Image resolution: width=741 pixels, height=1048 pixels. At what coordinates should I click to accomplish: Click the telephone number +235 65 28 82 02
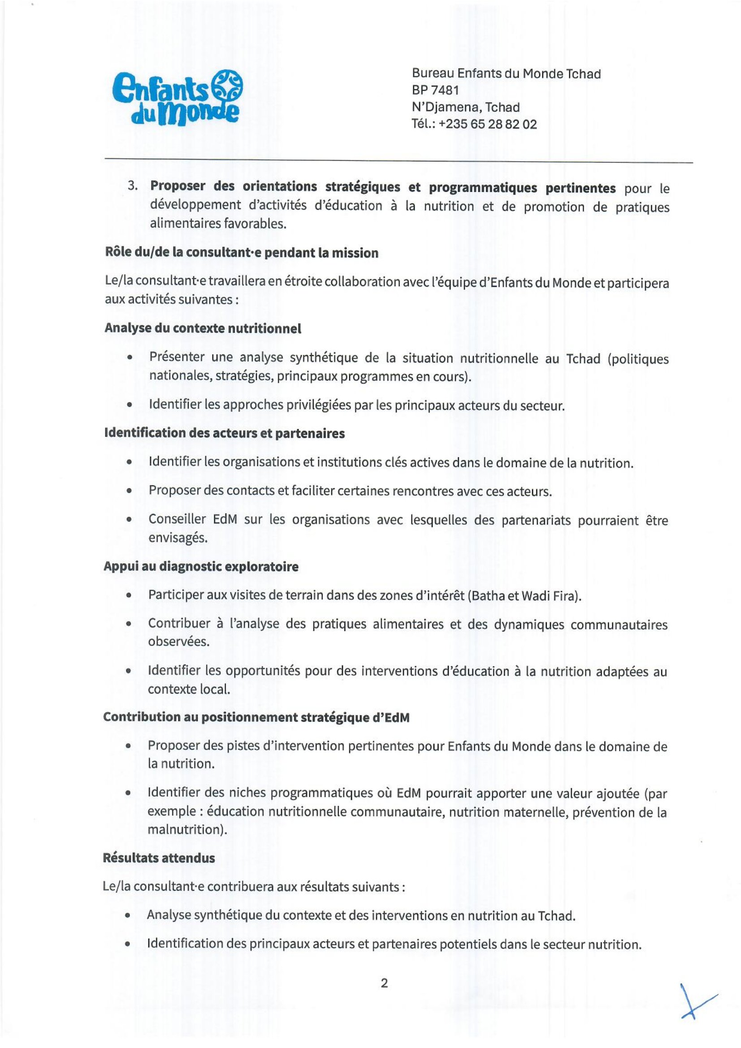point(487,124)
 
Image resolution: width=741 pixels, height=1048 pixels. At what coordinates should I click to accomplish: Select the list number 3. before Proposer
point(133,186)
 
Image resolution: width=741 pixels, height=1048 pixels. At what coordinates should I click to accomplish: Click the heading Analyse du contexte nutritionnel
point(203,328)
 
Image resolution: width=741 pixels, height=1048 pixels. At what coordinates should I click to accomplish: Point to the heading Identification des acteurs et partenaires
point(224,433)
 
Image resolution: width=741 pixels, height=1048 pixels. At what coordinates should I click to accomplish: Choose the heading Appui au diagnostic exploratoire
point(201,567)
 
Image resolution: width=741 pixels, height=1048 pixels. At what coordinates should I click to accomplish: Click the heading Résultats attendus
point(158,858)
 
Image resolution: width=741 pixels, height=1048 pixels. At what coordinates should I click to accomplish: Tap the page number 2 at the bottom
point(384,983)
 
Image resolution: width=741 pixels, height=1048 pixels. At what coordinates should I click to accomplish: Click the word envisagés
point(178,538)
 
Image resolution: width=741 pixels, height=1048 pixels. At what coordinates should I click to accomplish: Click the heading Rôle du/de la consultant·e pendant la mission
point(241,253)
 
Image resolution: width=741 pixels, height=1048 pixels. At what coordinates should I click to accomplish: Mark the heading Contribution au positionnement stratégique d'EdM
point(256,717)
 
